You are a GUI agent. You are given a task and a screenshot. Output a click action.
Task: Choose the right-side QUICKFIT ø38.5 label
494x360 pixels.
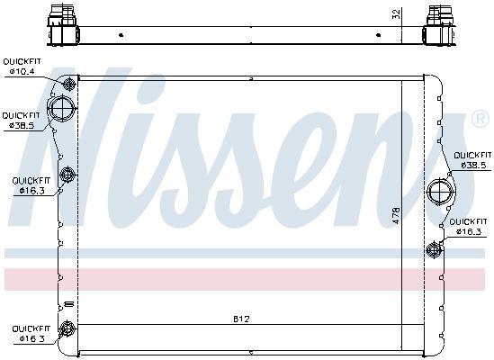pos(473,160)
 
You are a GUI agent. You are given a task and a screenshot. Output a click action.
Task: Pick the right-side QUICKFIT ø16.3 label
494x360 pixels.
pos(469,227)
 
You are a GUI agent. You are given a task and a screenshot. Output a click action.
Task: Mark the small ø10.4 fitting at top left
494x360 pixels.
pos(67,85)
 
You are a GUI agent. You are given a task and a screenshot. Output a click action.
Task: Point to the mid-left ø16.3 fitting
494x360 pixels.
pos(66,174)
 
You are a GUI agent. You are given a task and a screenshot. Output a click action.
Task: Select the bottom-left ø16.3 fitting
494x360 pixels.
pos(66,327)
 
